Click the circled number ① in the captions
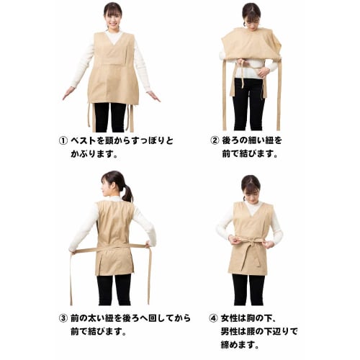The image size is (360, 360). pyautogui.click(x=63, y=140)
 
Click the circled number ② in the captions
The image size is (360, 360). pyautogui.click(x=214, y=140)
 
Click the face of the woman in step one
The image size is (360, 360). pyautogui.click(x=113, y=14)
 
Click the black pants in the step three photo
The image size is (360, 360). pyautogui.click(x=114, y=288)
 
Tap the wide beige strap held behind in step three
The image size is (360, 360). pyautogui.click(x=108, y=248)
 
